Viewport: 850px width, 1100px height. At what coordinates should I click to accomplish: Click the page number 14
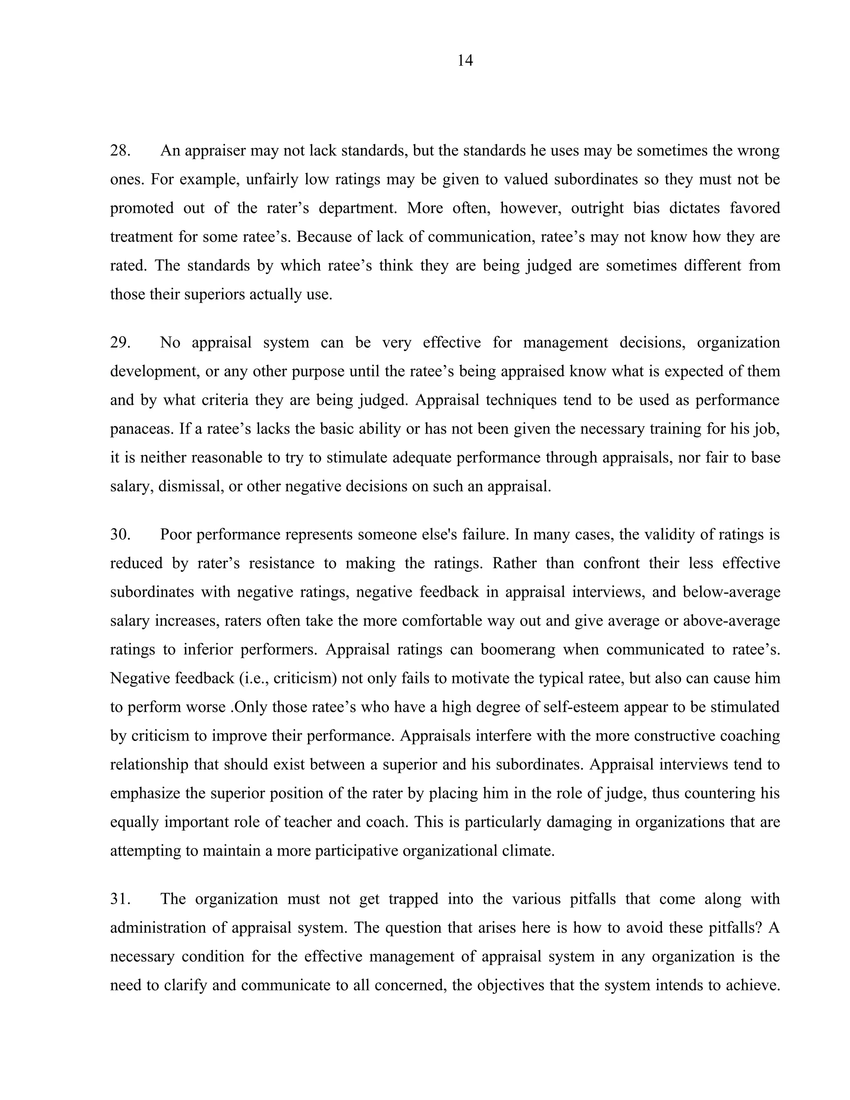pyautogui.click(x=465, y=61)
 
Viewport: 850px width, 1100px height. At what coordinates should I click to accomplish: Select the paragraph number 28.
pyautogui.click(x=120, y=151)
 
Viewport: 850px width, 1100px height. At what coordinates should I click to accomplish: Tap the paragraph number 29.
pyautogui.click(x=120, y=342)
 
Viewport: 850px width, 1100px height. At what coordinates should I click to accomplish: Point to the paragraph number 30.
pyautogui.click(x=120, y=534)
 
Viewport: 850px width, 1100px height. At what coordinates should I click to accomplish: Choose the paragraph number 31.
pyautogui.click(x=120, y=899)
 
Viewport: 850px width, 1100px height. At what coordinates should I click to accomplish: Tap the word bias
pyautogui.click(x=647, y=208)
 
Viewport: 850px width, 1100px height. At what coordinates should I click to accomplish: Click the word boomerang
pyautogui.click(x=517, y=650)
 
